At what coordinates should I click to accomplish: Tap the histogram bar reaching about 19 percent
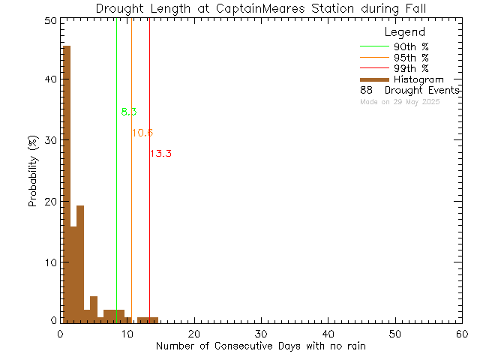[x=80, y=262]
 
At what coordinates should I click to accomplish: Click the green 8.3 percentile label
[x=129, y=112]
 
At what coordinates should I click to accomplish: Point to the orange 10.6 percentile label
[x=142, y=133]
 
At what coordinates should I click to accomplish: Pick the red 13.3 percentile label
[x=161, y=154]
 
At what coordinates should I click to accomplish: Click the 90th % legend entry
[x=411, y=46]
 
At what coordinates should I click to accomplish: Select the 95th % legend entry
[x=411, y=58]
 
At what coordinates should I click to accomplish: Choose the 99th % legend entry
[x=411, y=68]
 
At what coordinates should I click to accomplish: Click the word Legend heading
[x=405, y=32]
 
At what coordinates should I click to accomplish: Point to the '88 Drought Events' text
[x=409, y=90]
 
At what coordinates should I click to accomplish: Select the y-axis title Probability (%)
[x=33, y=172]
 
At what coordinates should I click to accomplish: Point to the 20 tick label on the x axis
[x=194, y=334]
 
